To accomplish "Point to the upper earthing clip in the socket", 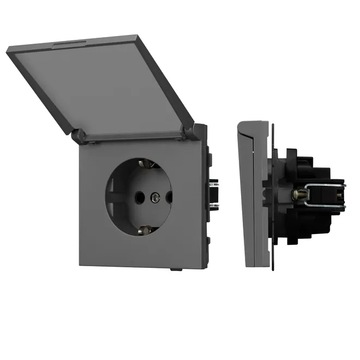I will click(145, 163).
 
